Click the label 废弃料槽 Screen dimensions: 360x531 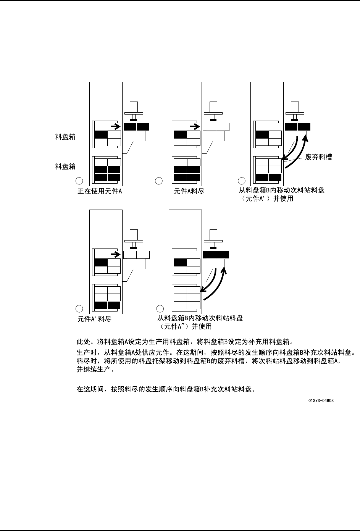coord(319,157)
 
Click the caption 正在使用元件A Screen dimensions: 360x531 coord(100,191)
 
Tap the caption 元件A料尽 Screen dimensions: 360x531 coord(189,191)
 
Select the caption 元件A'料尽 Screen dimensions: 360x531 coord(94,319)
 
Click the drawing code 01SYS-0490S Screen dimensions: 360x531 coord(321,401)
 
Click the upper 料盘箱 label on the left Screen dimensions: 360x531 coord(65,137)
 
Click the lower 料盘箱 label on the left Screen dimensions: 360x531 coord(65,166)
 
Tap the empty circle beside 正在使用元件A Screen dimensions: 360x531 coord(79,181)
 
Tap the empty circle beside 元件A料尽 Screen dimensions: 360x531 coord(159,181)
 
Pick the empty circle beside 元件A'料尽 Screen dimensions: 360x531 coord(79,308)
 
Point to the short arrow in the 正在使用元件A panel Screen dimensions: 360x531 coord(114,125)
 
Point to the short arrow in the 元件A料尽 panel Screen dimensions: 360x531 coord(194,125)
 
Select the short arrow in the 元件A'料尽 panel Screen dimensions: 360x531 coord(114,253)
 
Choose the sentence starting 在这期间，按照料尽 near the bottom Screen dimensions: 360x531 coord(166,390)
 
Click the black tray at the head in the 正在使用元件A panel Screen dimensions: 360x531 coord(137,127)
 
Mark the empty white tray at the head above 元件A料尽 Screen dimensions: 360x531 coord(216,127)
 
